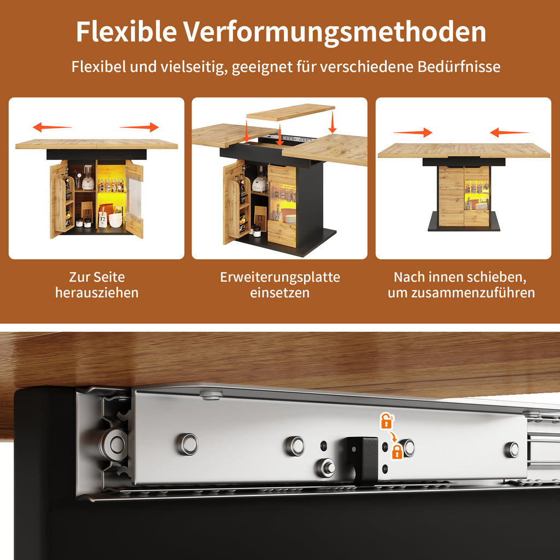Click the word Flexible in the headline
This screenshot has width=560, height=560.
[126, 31]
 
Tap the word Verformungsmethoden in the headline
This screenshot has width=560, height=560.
[335, 32]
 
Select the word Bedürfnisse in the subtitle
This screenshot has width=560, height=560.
[459, 67]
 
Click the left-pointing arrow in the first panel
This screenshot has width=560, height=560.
[52, 127]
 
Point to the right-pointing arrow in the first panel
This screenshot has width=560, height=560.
[139, 127]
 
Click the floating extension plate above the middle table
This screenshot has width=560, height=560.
[291, 112]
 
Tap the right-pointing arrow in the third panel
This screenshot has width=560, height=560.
[412, 132]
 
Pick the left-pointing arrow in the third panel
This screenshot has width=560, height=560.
[509, 132]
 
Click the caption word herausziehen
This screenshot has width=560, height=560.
[97, 293]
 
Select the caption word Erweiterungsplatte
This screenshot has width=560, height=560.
[280, 277]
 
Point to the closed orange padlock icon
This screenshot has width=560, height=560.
[397, 452]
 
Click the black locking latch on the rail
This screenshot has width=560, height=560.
[363, 460]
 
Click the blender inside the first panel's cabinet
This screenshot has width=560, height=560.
[88, 178]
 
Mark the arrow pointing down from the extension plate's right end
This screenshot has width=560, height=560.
[332, 122]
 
